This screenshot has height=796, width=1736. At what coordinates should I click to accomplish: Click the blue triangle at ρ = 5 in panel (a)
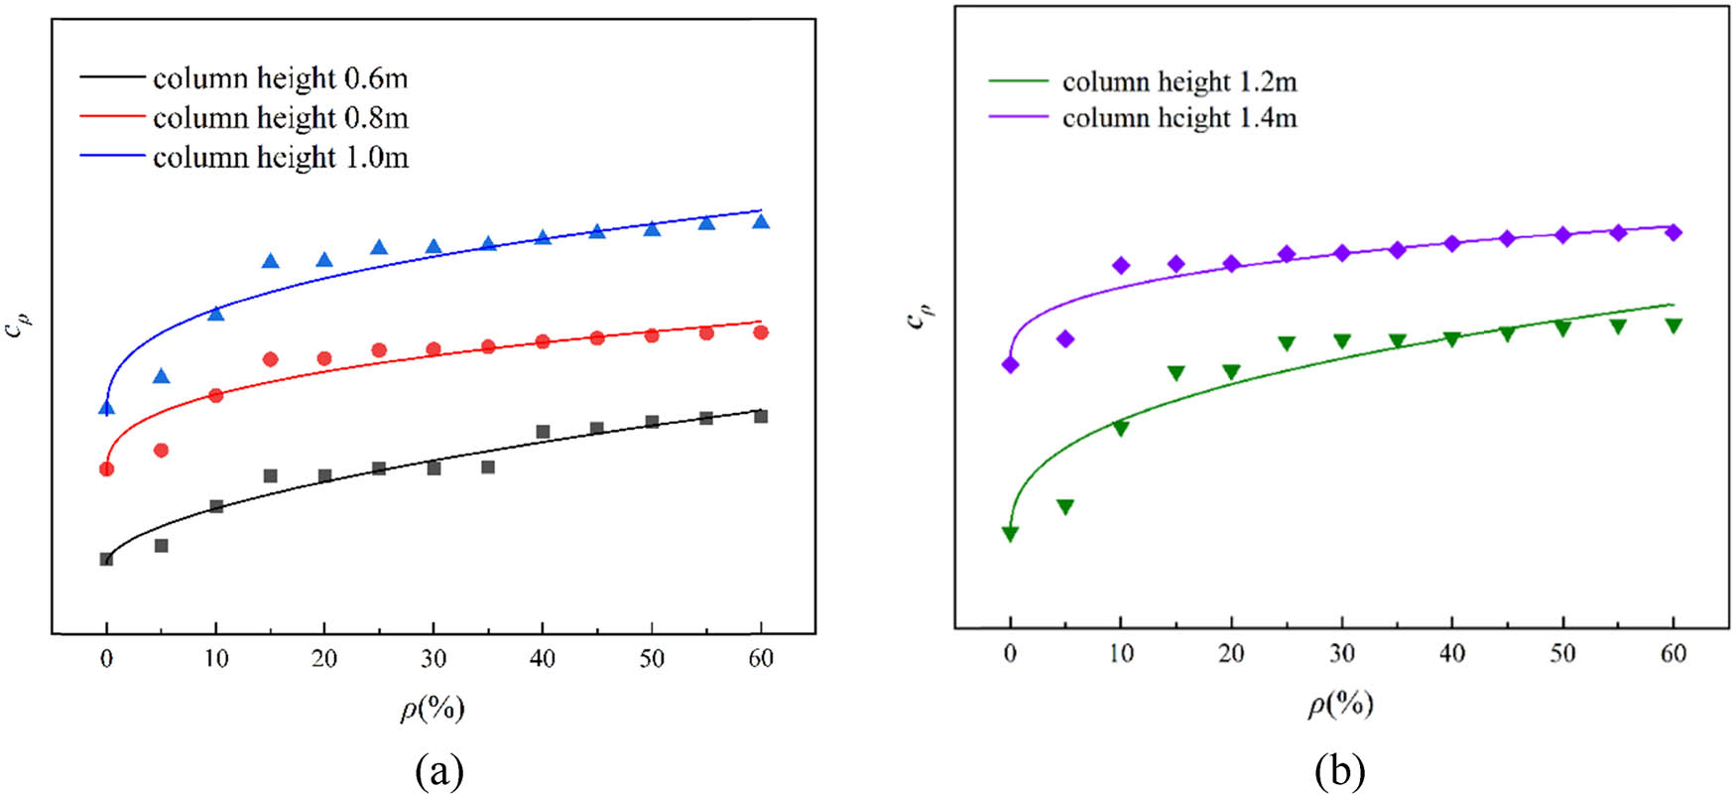[x=162, y=376]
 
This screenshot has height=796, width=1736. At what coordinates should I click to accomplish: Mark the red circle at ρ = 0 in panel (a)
[x=107, y=468]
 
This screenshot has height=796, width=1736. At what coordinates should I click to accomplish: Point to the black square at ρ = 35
[x=488, y=466]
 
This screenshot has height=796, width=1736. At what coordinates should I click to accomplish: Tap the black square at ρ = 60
[x=761, y=417]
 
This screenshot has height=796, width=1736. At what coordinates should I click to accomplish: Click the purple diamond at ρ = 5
[x=1065, y=339]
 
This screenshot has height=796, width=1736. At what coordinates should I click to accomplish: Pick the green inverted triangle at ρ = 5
[x=1065, y=506]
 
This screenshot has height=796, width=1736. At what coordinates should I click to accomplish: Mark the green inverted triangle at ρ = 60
[x=1674, y=325]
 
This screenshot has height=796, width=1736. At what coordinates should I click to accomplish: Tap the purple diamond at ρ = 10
[x=1121, y=265]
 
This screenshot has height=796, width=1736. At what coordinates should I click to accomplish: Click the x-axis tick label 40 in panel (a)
[x=543, y=659]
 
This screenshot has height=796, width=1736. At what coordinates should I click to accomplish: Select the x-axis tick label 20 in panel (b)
[x=1231, y=653]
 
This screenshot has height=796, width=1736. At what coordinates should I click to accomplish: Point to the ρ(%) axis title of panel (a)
[x=433, y=708]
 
